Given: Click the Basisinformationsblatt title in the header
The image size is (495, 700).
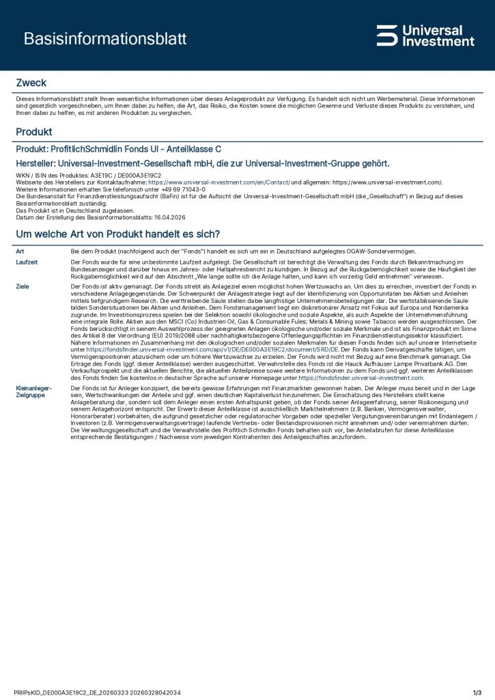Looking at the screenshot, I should point(104,39).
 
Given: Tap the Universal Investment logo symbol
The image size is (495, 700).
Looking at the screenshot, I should point(386,36).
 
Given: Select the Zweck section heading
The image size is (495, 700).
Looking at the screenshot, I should point(31,83).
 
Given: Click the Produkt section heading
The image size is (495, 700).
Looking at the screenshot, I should point(34,131).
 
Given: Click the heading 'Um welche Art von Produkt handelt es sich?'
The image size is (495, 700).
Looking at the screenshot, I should point(117,234).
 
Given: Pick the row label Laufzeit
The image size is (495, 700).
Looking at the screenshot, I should point(26,262).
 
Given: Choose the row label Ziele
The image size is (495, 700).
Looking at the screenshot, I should point(22,286).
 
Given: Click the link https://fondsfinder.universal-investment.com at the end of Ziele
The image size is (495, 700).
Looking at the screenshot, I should point(361,377).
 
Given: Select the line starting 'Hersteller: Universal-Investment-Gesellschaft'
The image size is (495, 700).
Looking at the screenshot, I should point(202,163).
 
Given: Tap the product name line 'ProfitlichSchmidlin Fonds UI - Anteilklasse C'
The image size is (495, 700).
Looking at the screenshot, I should point(118,148).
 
